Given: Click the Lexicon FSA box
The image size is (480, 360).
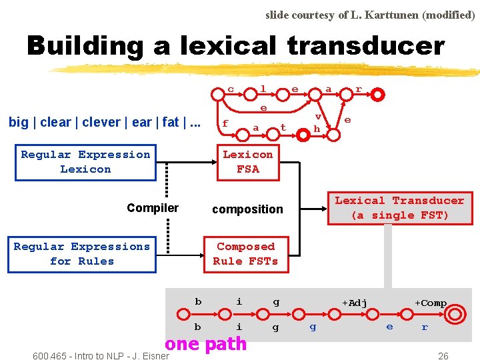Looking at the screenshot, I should click(x=248, y=162).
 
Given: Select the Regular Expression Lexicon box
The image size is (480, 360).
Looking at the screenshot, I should click(x=85, y=162).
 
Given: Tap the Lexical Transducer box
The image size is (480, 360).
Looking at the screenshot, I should click(x=399, y=208).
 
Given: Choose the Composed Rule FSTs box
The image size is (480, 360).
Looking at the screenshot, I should click(x=245, y=254).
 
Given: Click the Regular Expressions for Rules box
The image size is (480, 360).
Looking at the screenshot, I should click(x=82, y=254).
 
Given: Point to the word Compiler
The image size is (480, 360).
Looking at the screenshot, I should click(x=153, y=208).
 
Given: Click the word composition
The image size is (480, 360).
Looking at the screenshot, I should click(x=247, y=209).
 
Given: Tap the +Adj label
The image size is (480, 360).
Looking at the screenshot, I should click(x=355, y=303).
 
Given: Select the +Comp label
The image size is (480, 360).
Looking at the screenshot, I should click(x=431, y=303).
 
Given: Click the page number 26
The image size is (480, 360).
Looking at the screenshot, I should click(x=443, y=356).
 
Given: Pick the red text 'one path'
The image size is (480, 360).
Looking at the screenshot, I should click(x=206, y=344).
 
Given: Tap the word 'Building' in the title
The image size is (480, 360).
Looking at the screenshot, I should click(x=85, y=46).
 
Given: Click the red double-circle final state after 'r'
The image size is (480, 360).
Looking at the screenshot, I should click(x=378, y=95).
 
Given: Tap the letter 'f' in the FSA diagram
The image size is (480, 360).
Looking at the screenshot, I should click(x=225, y=123).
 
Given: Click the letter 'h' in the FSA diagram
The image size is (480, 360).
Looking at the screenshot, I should click(x=317, y=128).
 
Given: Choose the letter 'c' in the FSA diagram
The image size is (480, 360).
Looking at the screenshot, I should click(x=231, y=89).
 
